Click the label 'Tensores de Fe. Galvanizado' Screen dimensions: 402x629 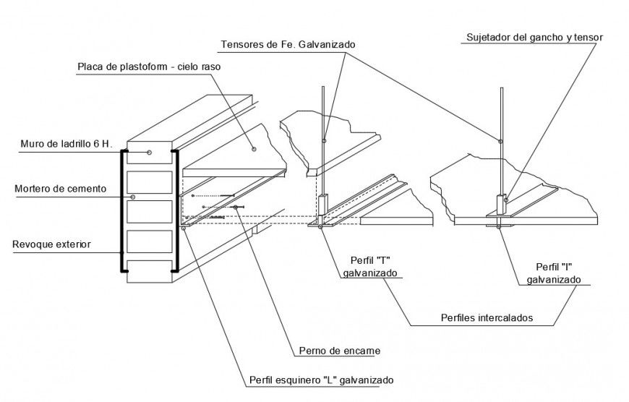tap(288, 45)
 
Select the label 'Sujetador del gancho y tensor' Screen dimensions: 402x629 tap(534, 38)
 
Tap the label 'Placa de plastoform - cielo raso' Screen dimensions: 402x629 tap(148, 67)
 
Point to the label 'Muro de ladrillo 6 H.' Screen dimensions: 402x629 tap(65, 145)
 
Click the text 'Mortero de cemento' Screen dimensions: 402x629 tap(61, 189)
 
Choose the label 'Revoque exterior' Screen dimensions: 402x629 tap(51, 244)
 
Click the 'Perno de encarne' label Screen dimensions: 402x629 tap(339, 351)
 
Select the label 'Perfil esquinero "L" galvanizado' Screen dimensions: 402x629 tap(322, 380)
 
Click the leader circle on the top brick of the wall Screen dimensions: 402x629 tap(149, 152)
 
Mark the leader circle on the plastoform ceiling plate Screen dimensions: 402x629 tap(254, 149)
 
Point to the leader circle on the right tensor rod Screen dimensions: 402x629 tap(500, 140)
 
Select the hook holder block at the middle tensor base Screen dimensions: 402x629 tap(322, 206)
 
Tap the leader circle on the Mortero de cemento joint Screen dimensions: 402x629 tap(132, 197)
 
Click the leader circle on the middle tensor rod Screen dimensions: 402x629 tap(325, 140)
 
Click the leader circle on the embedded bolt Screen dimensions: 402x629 tap(236, 208)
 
